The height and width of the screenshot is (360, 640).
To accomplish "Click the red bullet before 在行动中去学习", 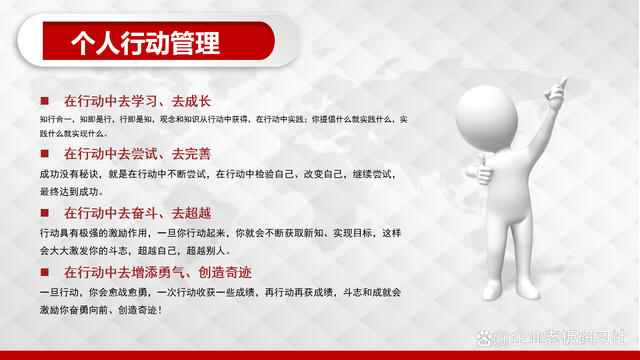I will [44, 102].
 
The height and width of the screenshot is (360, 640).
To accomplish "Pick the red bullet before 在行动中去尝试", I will [44, 155].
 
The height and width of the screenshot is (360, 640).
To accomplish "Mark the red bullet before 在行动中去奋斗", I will [44, 214].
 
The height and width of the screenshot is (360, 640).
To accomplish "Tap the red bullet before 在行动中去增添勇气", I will [44, 272].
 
